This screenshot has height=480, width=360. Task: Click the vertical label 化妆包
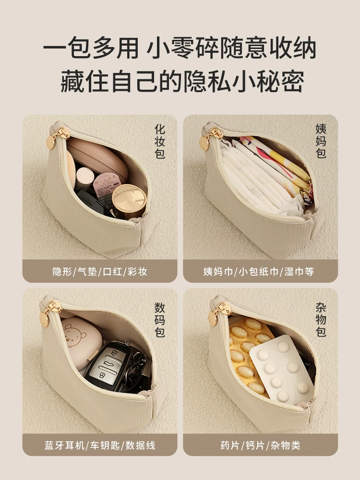(x=160, y=141)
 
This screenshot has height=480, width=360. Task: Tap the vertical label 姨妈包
(x=321, y=141)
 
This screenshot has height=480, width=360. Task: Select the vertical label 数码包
(x=160, y=320)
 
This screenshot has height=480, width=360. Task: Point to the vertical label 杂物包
(x=321, y=320)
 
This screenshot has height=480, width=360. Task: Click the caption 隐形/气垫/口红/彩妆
(x=100, y=272)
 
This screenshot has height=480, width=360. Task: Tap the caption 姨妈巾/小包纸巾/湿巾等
(x=259, y=272)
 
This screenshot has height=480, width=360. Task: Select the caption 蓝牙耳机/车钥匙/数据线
(x=100, y=445)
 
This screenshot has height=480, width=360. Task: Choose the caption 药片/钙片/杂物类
(x=261, y=445)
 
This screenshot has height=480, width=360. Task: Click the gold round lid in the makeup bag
(x=129, y=201)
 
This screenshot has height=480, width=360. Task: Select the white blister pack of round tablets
(x=282, y=369)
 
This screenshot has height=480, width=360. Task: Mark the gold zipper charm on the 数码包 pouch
(x=48, y=313)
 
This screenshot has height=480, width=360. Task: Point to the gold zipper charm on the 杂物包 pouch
(x=217, y=313)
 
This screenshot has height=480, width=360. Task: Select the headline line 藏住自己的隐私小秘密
(x=182, y=81)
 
